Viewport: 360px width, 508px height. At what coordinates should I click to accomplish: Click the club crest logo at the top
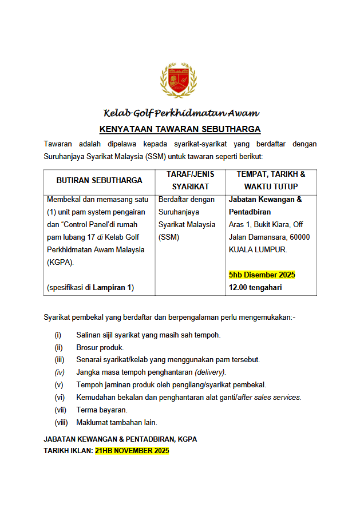[x=180, y=81]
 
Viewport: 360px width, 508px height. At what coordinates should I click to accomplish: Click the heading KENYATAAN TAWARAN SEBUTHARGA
[x=180, y=129]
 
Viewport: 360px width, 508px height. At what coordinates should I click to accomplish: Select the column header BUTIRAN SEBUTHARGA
[x=99, y=180]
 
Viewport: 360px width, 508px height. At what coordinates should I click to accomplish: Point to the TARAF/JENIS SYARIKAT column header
[x=190, y=180]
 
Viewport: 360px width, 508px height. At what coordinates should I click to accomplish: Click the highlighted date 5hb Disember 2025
[x=262, y=275]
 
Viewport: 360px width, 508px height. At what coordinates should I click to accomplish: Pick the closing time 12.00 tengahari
[x=255, y=287]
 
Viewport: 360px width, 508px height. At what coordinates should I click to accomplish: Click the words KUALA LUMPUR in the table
[x=258, y=250]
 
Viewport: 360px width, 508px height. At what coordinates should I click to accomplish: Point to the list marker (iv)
[x=59, y=372]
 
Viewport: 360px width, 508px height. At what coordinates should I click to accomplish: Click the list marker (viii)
[x=60, y=423]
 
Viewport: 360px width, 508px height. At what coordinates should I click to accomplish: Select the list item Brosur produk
[x=100, y=347]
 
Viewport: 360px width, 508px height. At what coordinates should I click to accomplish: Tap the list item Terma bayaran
[x=102, y=410]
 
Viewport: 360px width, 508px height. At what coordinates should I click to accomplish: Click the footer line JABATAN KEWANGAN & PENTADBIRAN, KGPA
[x=120, y=439]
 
